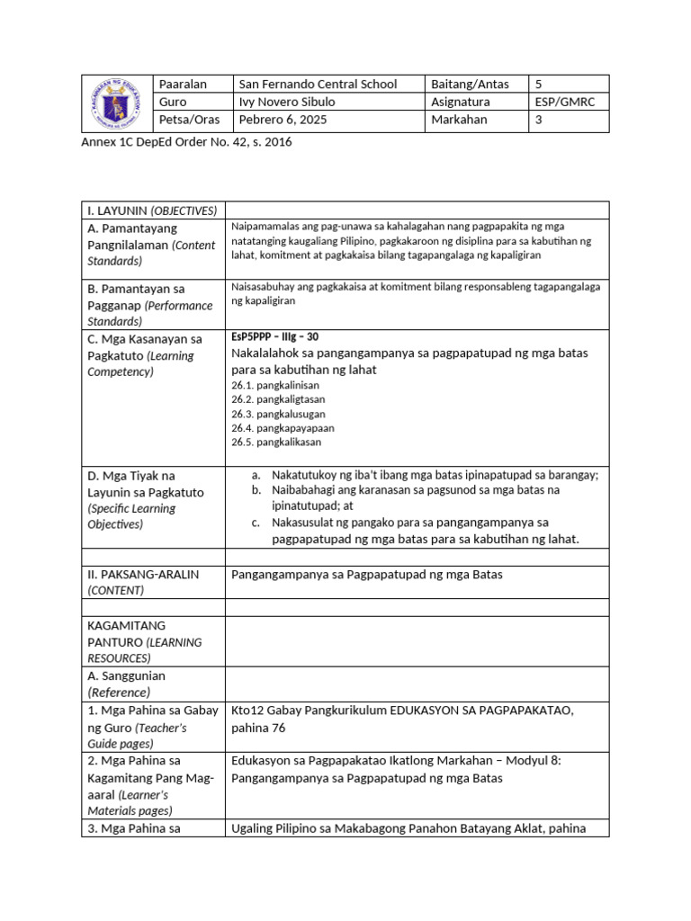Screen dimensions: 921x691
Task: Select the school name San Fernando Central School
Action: (x=317, y=85)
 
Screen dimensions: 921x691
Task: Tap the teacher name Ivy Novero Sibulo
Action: (x=286, y=103)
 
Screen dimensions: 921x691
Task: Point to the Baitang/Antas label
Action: (x=470, y=85)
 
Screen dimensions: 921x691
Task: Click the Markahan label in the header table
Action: (x=459, y=120)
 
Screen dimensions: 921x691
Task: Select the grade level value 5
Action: (x=539, y=85)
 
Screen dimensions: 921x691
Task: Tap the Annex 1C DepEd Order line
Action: (x=186, y=142)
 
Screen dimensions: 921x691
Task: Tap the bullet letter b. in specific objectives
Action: (x=256, y=490)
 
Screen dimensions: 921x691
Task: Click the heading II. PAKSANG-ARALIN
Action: (x=143, y=574)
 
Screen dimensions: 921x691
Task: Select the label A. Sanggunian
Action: (x=127, y=675)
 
